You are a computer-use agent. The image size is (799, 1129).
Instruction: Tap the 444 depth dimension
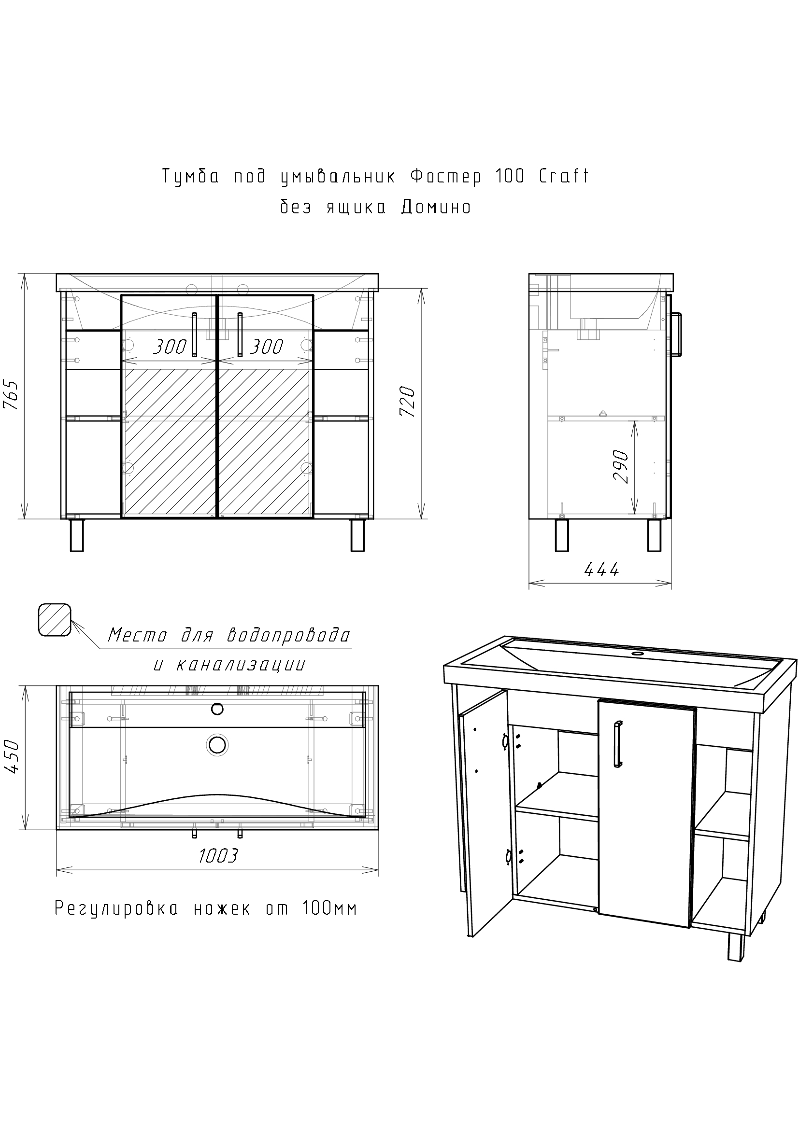(601, 569)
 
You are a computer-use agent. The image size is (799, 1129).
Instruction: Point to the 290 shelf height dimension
(621, 467)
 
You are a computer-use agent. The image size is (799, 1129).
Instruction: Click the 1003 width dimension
(218, 856)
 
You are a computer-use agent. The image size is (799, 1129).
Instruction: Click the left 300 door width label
(169, 347)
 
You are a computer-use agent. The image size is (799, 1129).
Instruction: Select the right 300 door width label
(266, 347)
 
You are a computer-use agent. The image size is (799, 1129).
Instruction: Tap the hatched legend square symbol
(54, 620)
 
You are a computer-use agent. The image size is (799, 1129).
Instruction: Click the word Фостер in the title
(446, 176)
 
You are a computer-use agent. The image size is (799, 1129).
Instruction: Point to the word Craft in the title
(564, 176)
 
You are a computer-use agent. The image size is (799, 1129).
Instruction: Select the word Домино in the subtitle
(436, 207)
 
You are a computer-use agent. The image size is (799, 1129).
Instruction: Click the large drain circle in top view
(217, 745)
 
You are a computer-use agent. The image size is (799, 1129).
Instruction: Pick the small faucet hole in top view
(217, 709)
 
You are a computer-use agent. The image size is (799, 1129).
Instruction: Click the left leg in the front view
(77, 535)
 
